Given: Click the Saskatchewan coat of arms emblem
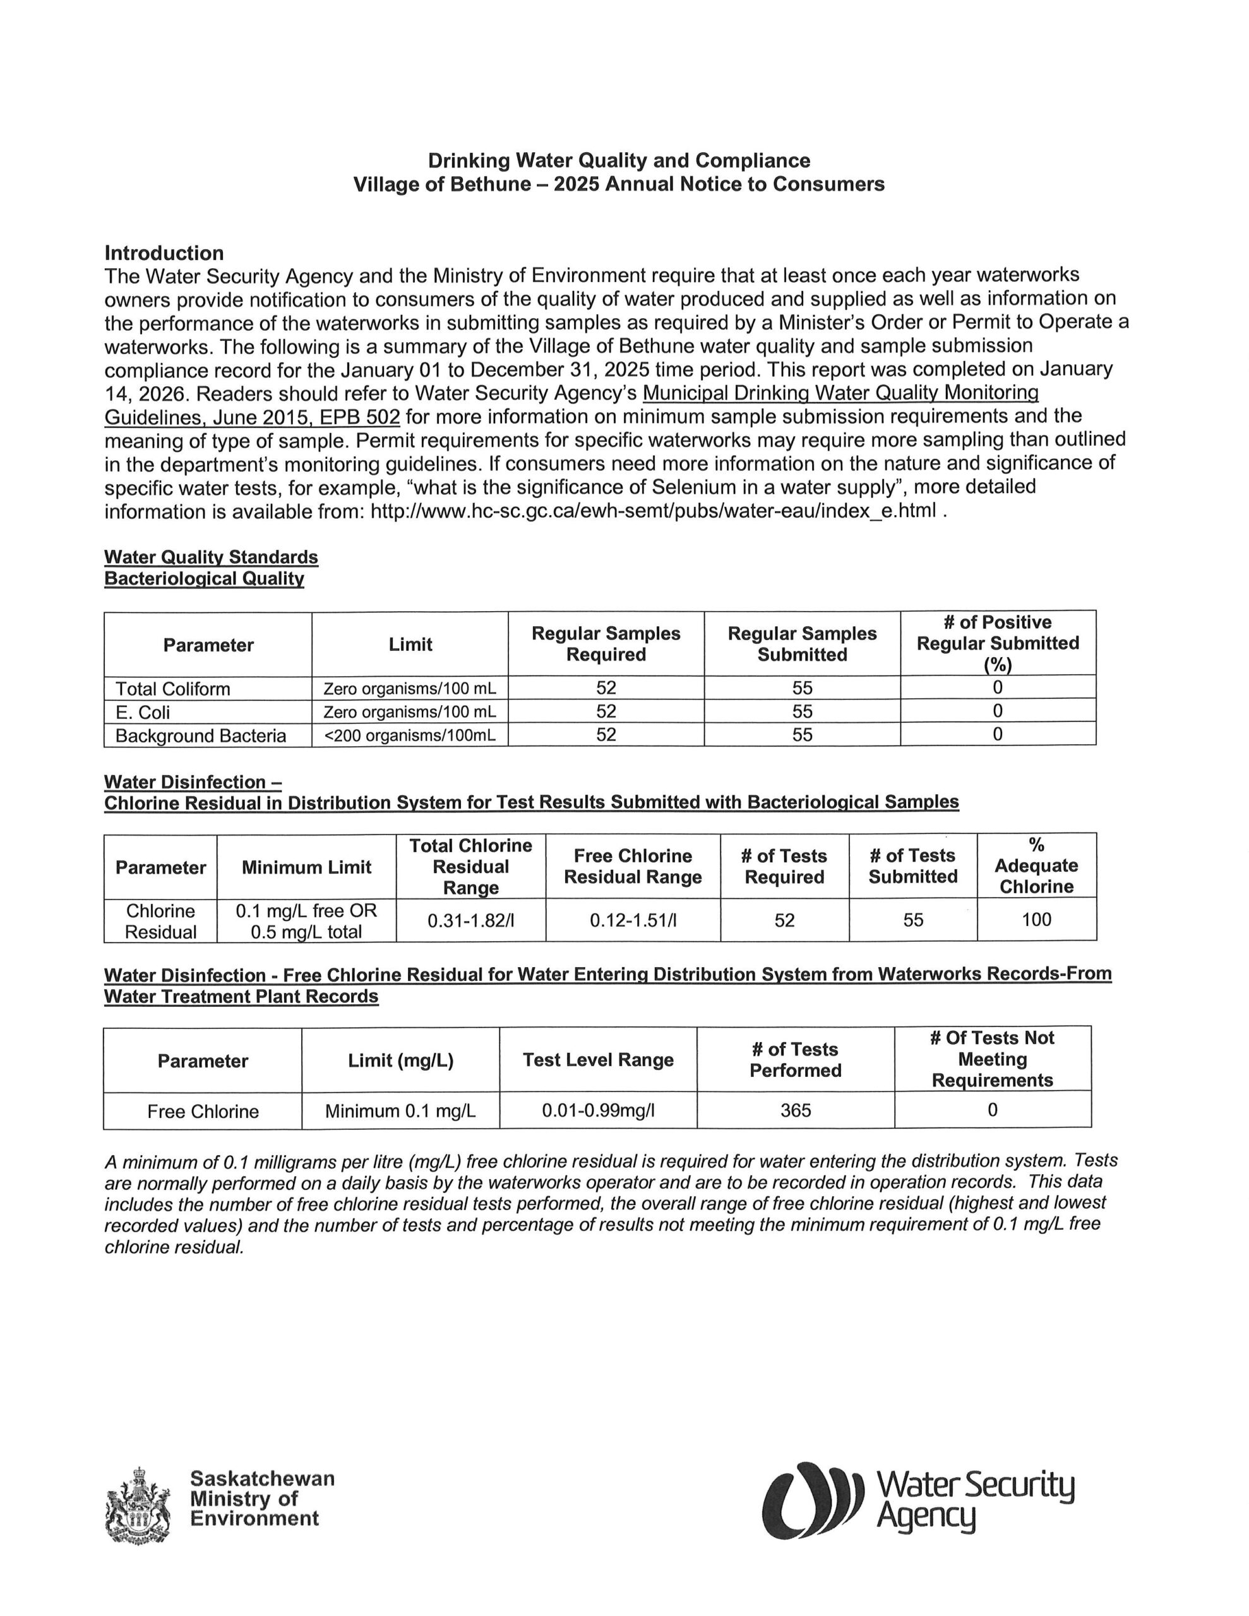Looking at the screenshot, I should tap(138, 1504).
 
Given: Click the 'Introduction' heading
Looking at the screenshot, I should tap(164, 253).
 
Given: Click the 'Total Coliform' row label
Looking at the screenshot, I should tap(172, 689).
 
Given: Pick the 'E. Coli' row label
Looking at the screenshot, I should tap(142, 712).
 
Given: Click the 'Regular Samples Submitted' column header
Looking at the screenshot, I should tap(802, 644).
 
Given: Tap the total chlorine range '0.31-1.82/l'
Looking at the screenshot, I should tap(471, 920).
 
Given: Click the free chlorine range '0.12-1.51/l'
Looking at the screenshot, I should tap(633, 920).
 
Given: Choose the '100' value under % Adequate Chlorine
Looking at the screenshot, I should tap(1036, 920).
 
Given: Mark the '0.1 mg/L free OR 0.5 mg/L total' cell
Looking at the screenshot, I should tap(306, 920).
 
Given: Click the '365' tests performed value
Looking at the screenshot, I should tap(795, 1110).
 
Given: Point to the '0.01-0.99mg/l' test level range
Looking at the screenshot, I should tap(598, 1110).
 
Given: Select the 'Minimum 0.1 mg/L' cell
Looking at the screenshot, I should tap(400, 1110).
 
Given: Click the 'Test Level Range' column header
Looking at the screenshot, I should tap(598, 1060).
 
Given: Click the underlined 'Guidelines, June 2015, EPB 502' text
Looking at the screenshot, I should tap(252, 417).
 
